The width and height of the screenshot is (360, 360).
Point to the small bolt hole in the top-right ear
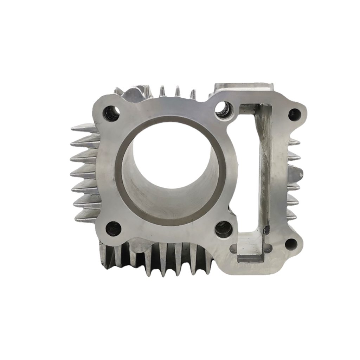(x=292, y=113)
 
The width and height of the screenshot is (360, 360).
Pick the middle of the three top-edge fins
(x=178, y=91)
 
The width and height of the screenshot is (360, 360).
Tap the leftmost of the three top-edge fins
(x=162, y=91)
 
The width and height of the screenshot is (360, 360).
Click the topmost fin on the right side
(x=295, y=142)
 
